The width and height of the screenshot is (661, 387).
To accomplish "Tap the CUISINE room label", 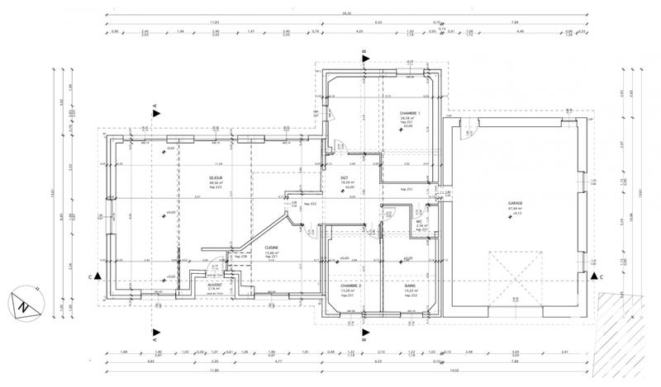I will [271, 248].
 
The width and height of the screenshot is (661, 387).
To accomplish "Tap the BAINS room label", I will [410, 286].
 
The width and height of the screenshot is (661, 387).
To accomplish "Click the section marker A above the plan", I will [155, 106].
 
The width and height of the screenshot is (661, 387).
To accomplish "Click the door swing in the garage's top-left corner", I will [468, 128].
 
